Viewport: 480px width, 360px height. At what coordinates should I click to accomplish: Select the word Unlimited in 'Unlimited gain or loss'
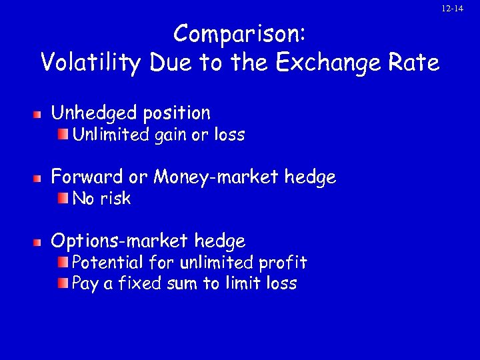(x=110, y=135)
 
